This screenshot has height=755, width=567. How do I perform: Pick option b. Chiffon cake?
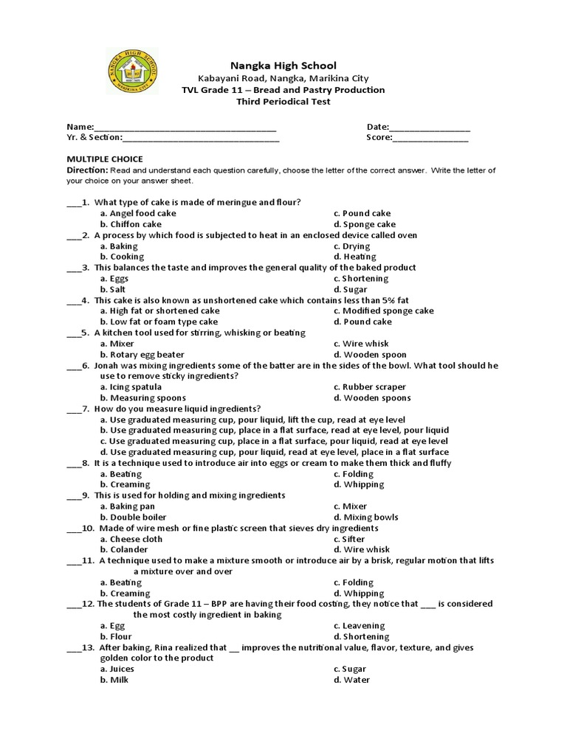[x=131, y=224]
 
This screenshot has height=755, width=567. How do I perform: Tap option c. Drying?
[x=351, y=246]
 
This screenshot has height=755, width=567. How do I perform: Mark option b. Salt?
[x=114, y=290]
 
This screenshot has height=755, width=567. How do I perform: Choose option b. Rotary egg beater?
[x=142, y=355]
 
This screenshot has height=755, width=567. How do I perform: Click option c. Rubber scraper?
[x=369, y=387]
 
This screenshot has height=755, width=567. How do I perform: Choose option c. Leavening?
[x=360, y=626]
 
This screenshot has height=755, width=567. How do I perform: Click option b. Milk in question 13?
[x=114, y=680]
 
